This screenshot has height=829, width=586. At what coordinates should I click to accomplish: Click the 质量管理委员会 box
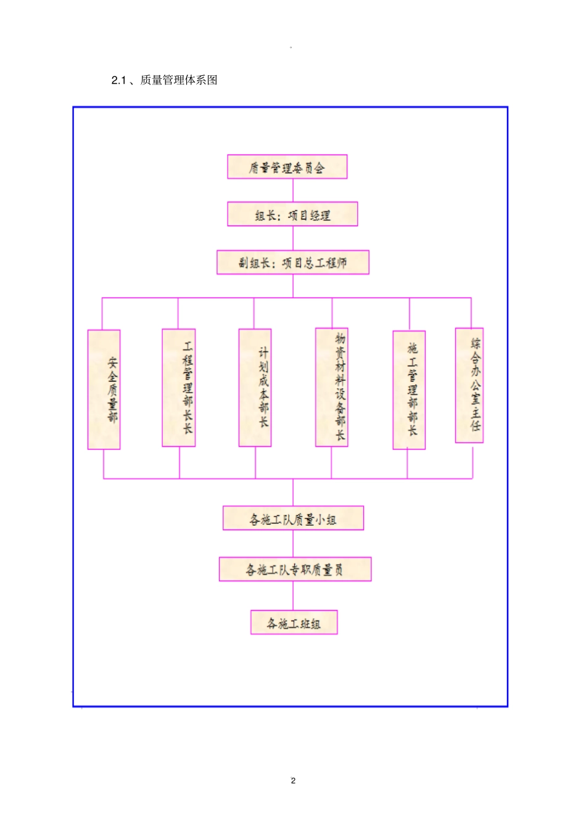coord(287,167)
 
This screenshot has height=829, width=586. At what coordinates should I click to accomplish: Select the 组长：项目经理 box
coord(292,214)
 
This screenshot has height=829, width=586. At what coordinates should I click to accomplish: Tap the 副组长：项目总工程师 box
coord(292,263)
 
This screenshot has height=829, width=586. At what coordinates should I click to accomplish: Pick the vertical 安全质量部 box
coord(104,390)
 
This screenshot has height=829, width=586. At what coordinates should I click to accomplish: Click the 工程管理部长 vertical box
coord(179,388)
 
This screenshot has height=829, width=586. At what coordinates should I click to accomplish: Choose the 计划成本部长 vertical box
coord(255,388)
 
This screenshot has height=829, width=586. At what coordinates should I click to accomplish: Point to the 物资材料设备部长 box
coord(332,387)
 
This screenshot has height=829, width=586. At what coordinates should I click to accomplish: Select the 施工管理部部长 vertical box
coord(409,390)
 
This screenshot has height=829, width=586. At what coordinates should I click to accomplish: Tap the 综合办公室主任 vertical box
coord(469,385)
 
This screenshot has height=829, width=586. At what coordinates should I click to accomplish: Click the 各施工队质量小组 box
coord(293,518)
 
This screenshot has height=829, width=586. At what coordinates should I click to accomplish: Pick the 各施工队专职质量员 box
coord(295,570)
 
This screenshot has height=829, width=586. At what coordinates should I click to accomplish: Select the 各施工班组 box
coord(294,623)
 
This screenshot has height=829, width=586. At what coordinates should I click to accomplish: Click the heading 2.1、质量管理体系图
coord(164,80)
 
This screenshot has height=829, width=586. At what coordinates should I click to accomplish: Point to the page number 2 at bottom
coord(293,780)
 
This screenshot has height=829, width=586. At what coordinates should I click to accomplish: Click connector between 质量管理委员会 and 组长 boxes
coord(293,190)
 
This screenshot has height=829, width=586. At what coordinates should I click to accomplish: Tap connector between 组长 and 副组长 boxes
coord(293,238)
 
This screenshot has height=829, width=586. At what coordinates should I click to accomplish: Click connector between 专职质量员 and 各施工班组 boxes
coord(293,595)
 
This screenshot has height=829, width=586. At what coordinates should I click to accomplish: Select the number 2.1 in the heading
coord(118,80)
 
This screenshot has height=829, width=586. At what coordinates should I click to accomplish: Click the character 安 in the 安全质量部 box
coord(112,362)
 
